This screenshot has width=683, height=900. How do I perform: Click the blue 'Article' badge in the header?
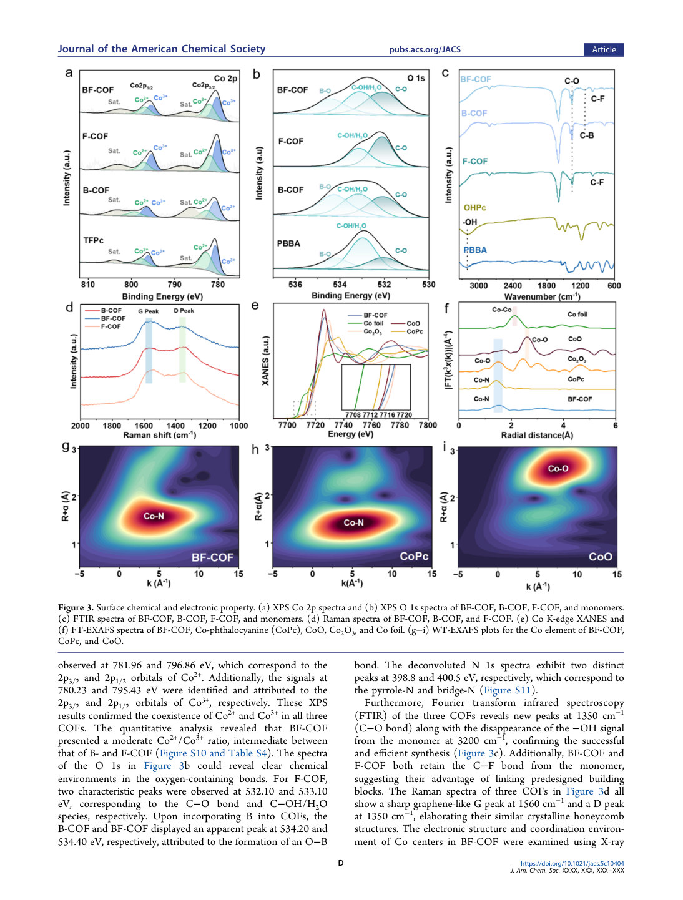coord(604,49)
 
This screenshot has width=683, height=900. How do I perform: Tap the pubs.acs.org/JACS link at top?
coord(425,49)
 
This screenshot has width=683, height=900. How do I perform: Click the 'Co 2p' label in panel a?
coord(225,78)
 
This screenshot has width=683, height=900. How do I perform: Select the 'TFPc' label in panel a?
coord(93,240)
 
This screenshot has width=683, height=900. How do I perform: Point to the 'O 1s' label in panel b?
coord(416,78)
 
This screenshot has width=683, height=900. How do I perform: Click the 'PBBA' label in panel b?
coord(288,243)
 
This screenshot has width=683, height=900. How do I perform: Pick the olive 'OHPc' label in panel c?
coord(474,207)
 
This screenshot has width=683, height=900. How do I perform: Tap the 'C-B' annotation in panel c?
coord(587,135)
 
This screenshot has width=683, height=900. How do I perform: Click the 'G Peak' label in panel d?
coord(148,311)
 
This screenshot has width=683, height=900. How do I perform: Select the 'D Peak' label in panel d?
coord(184,310)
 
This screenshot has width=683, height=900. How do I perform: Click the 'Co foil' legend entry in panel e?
coord(373,323)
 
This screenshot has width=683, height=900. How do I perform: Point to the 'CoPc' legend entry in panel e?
coord(415,331)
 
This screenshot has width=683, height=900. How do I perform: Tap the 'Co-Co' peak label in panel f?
coord(502,310)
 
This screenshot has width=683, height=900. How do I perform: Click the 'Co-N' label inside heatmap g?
coord(154,516)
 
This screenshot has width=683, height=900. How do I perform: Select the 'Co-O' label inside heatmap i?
coord(558,469)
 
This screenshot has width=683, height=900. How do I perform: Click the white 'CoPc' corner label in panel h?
coord(414,556)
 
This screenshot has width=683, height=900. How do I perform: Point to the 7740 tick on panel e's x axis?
coord(343,425)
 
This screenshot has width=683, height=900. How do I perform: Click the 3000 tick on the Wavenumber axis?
coord(478,286)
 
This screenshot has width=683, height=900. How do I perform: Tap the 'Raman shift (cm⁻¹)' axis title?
coord(159,435)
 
